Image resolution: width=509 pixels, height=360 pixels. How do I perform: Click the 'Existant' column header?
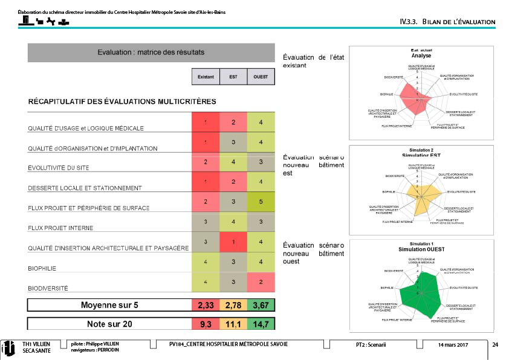point(206,77)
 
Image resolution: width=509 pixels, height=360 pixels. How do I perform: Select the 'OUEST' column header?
point(261,77)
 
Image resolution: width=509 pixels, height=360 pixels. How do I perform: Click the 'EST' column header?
point(233,77)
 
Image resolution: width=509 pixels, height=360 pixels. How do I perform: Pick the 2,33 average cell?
point(206,305)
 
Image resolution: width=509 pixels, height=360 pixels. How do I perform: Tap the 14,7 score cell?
point(261,324)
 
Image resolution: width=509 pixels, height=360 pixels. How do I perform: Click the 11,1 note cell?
point(233,324)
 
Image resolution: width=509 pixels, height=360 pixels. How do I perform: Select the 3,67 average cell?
point(261,305)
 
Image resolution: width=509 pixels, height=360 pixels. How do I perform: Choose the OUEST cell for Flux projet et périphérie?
point(261,202)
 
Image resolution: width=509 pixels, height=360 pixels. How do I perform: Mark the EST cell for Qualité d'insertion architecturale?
point(233,242)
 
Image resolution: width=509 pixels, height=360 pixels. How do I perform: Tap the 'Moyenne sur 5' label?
point(109,305)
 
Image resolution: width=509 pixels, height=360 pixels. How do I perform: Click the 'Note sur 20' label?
point(109,324)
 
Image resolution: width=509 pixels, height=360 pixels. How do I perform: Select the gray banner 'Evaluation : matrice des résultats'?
point(151,53)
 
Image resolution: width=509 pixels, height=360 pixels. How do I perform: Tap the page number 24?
point(495,345)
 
